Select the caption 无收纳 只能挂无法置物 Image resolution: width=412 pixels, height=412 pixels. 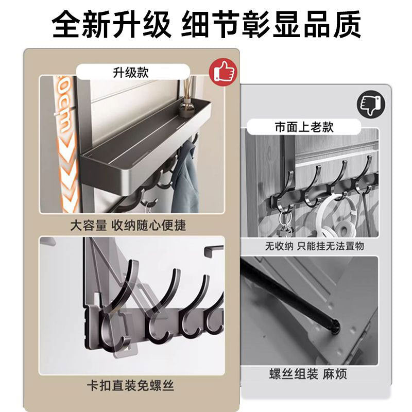click(x=315, y=246)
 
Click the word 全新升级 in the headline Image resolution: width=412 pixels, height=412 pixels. click(x=111, y=24)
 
